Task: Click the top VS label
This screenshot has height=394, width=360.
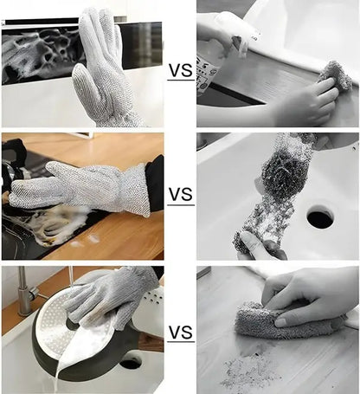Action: (x=180, y=70)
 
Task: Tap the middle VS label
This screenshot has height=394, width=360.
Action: (x=180, y=196)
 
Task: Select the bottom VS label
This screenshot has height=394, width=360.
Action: (x=180, y=333)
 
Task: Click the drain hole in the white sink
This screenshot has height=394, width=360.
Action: (x=319, y=217)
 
